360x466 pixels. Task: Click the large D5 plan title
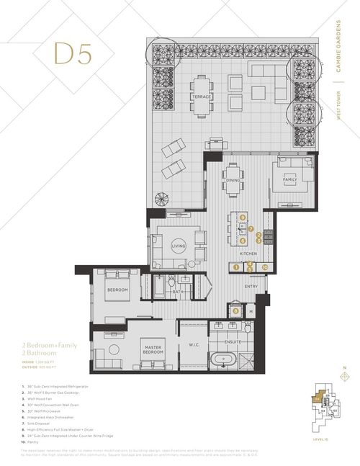pyautogui.click(x=72, y=53)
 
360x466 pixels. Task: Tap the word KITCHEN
pyautogui.click(x=249, y=254)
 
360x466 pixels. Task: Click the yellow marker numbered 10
pyautogui.click(x=265, y=267)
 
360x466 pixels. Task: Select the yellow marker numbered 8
pyautogui.click(x=236, y=310)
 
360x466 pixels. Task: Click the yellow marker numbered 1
pyautogui.click(x=235, y=267)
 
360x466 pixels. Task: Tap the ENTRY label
pyautogui.click(x=250, y=287)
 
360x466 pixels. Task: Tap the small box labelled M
pyautogui.click(x=251, y=311)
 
